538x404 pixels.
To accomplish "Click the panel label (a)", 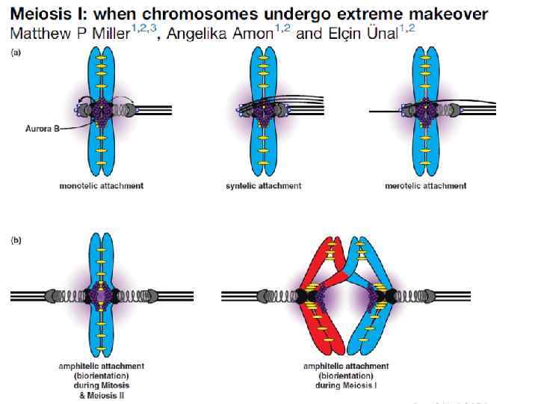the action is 15,53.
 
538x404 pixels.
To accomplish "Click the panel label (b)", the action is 15,241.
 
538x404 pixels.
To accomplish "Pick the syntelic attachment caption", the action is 264,186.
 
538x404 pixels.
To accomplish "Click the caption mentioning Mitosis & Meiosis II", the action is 101,380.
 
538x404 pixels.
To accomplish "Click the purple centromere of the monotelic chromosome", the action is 101,109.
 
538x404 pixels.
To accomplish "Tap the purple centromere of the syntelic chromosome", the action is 263,109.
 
